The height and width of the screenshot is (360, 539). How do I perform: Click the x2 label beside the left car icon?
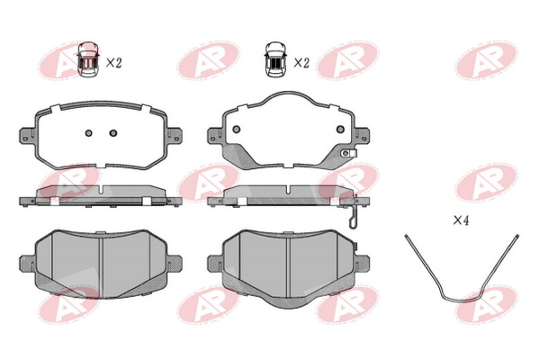click(113, 63)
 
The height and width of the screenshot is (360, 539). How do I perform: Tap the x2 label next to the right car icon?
click(301, 63)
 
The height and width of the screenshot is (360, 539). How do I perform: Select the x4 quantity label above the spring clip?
click(461, 220)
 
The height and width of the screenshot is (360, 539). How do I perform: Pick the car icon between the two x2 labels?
click(275, 59)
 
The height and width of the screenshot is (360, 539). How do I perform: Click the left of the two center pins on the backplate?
click(89, 133)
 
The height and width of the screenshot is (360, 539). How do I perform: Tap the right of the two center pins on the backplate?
click(113, 133)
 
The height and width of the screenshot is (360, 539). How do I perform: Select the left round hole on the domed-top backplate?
click(236, 130)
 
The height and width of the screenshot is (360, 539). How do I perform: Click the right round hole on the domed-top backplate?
click(340, 130)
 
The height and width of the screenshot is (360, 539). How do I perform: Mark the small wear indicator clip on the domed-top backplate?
click(348, 153)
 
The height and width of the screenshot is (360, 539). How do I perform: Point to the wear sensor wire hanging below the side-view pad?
click(354, 217)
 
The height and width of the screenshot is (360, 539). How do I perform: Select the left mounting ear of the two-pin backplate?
click(28, 135)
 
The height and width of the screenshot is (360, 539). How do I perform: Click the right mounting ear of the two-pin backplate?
click(175, 135)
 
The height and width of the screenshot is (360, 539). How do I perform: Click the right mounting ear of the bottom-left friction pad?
click(175, 264)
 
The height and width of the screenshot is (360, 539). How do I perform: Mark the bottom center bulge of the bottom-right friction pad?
click(289, 301)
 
